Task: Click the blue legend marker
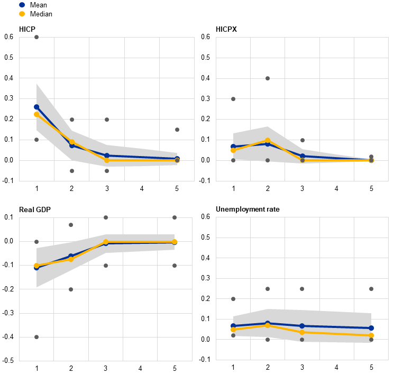22,5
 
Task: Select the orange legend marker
22,14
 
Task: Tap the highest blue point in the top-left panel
36,107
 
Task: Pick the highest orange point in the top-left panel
36,114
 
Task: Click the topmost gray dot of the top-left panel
36,37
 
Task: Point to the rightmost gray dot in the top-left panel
177,130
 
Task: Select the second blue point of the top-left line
72,145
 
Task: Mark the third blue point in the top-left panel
107,156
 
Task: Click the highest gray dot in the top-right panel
268,78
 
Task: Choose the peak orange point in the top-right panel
268,141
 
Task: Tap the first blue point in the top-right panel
233,147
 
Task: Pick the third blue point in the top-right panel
303,156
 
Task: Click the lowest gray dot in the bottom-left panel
36,337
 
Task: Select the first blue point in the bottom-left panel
36,268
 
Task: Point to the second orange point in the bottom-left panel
71,259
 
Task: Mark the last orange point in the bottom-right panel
371,335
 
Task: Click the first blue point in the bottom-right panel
233,326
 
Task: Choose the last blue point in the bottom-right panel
371,328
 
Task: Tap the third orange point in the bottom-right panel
302,332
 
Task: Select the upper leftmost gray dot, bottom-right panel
233,299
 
